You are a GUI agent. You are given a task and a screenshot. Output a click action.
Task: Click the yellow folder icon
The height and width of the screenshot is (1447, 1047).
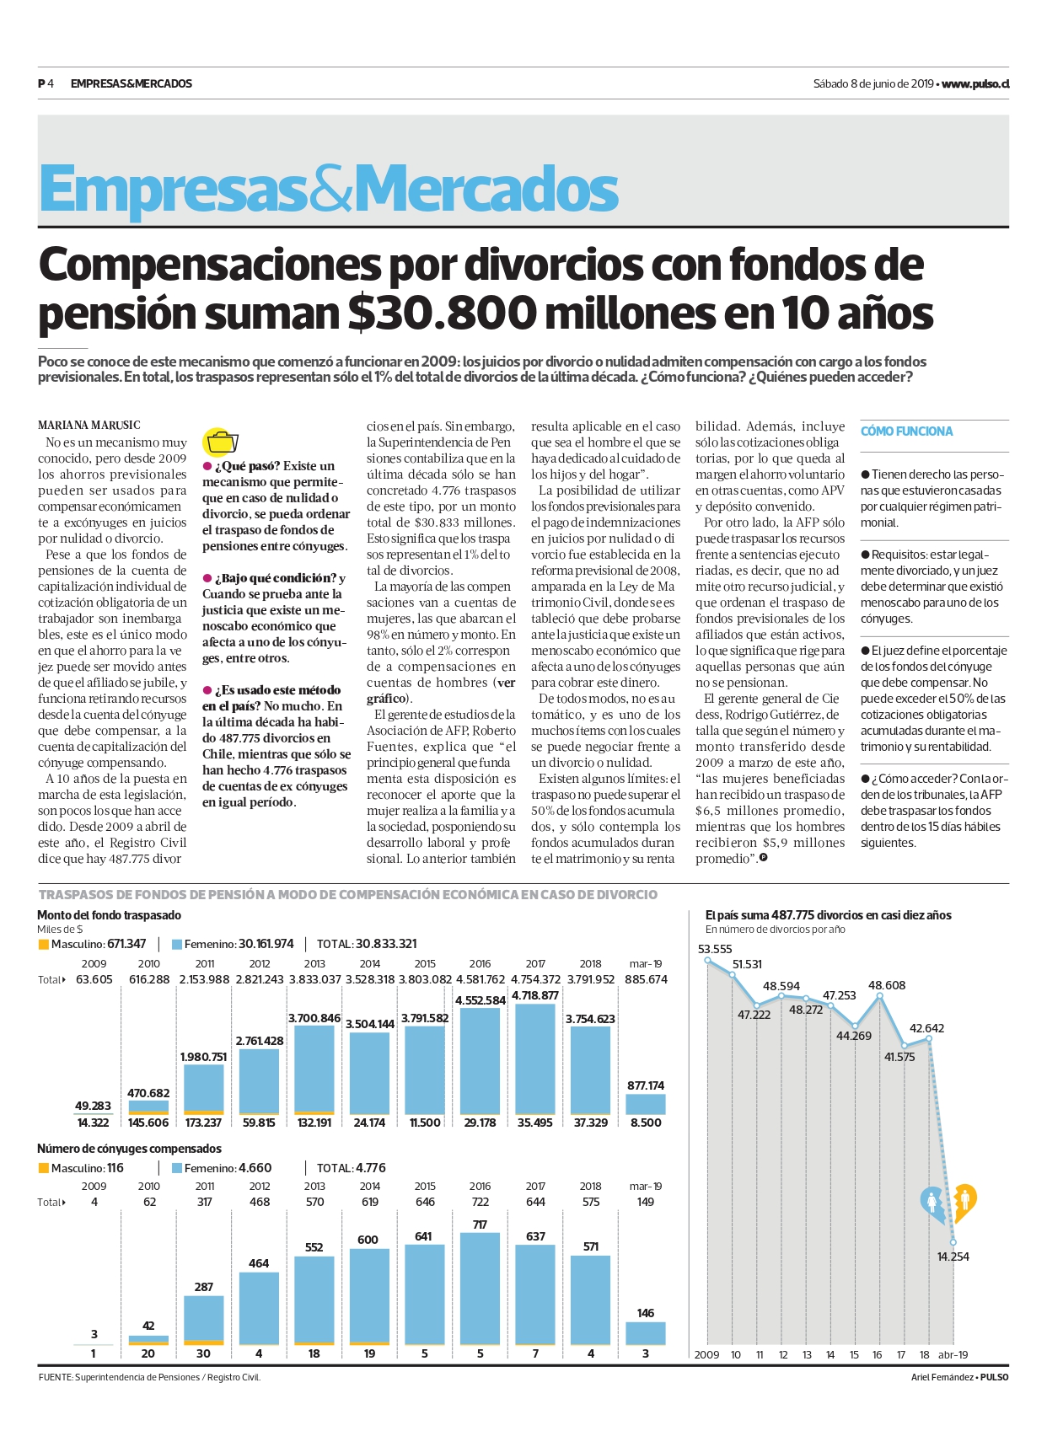(222, 442)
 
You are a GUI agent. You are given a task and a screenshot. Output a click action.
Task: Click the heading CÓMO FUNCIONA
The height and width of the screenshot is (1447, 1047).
(906, 431)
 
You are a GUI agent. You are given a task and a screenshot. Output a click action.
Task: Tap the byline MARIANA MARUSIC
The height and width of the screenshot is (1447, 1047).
(89, 426)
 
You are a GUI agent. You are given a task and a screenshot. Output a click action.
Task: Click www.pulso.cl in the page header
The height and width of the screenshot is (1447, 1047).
(975, 83)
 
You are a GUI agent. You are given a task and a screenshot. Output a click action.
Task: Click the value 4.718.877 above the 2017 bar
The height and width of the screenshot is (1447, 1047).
(535, 995)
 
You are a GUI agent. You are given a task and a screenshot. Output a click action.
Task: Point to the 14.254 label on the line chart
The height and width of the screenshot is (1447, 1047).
(953, 1257)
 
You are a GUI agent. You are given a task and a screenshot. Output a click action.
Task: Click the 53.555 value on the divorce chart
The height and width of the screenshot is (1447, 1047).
(715, 949)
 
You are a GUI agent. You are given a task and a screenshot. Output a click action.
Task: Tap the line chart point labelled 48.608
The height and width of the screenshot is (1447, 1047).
(879, 996)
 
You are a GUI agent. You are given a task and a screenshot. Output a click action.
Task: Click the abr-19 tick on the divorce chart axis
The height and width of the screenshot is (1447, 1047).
(953, 1354)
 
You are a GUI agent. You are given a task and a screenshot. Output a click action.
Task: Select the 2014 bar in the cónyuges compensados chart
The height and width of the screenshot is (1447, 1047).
(369, 1296)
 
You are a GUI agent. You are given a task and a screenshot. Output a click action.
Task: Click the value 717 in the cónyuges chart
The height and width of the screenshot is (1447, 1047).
(480, 1225)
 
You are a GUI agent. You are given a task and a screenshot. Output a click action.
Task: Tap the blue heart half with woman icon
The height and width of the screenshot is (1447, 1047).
(932, 1202)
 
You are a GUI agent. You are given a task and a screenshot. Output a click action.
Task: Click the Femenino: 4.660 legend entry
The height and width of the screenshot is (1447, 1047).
(222, 1168)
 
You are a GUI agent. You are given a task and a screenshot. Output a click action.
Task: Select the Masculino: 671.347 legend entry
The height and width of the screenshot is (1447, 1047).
(92, 944)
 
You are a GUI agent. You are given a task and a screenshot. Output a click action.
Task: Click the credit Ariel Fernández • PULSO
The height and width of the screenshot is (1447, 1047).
(959, 1377)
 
